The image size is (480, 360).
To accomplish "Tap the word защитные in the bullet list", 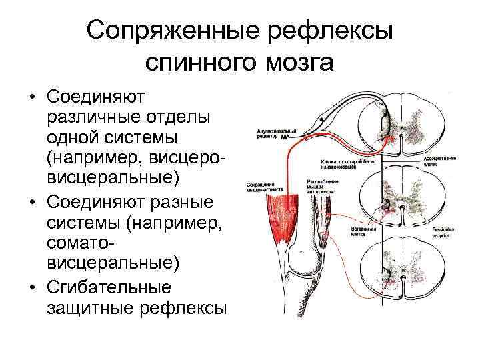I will point(89,309).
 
